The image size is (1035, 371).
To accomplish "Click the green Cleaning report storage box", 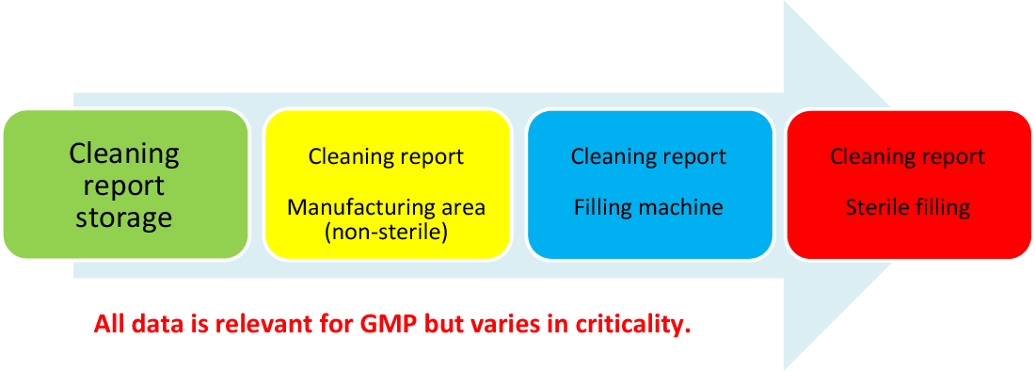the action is (125, 185).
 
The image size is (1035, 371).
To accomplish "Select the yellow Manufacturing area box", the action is (388, 185).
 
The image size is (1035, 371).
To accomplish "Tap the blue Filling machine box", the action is (649, 185).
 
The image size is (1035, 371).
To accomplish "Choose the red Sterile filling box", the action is (908, 185).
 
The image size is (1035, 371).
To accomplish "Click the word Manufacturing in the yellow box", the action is (348, 207).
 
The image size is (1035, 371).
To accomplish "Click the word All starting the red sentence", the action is (107, 325).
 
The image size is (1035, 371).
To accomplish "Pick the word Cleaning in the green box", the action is (124, 154).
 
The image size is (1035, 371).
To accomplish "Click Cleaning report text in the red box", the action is (908, 157).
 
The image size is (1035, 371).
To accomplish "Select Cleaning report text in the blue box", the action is (648, 157).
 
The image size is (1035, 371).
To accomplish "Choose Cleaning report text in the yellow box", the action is (386, 157).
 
